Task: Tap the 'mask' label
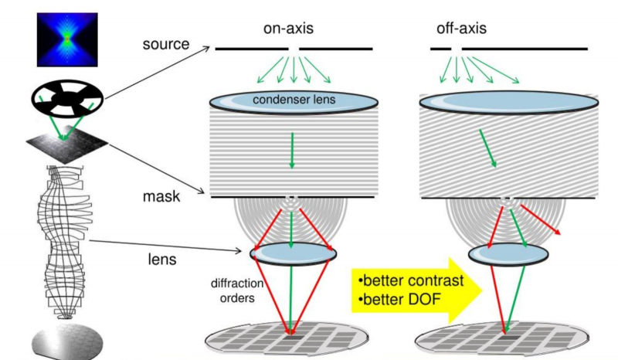(162, 196)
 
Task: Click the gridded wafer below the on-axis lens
(292, 338)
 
